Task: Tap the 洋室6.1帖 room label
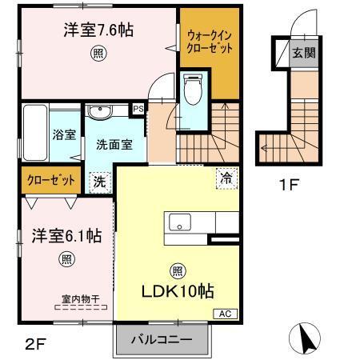pos(66,236)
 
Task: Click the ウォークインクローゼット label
pos(210,42)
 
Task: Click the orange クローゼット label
pos(50,181)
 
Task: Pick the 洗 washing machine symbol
pos(100,181)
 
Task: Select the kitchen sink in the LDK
pos(178,222)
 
